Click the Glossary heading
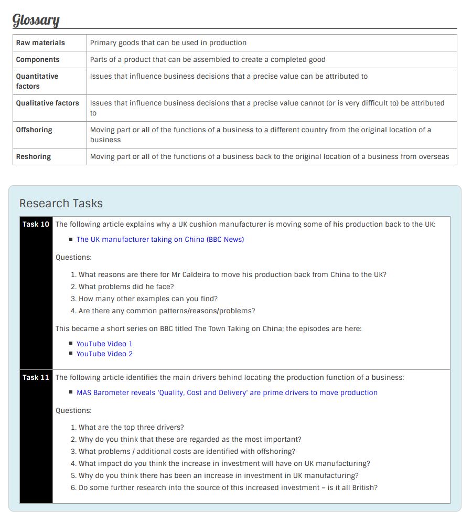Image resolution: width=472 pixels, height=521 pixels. (x=36, y=20)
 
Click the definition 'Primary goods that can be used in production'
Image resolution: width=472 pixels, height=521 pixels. (x=168, y=43)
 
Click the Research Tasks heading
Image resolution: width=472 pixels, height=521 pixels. (x=61, y=204)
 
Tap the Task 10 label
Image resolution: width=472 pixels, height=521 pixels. (x=36, y=225)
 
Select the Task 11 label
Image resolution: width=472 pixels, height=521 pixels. (x=36, y=378)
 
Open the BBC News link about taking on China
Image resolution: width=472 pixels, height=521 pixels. (x=160, y=240)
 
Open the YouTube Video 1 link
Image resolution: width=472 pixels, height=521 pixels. (x=104, y=344)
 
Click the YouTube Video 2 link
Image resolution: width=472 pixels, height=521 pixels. (x=104, y=354)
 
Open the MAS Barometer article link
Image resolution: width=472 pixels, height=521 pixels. (x=227, y=393)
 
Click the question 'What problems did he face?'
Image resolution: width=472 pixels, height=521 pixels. (x=126, y=287)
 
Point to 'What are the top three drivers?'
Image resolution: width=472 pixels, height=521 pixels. (x=131, y=428)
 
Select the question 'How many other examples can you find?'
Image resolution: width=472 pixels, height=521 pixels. (x=148, y=299)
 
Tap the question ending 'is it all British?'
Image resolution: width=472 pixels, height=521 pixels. (x=228, y=488)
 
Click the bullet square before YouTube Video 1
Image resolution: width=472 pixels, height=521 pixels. (x=71, y=344)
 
